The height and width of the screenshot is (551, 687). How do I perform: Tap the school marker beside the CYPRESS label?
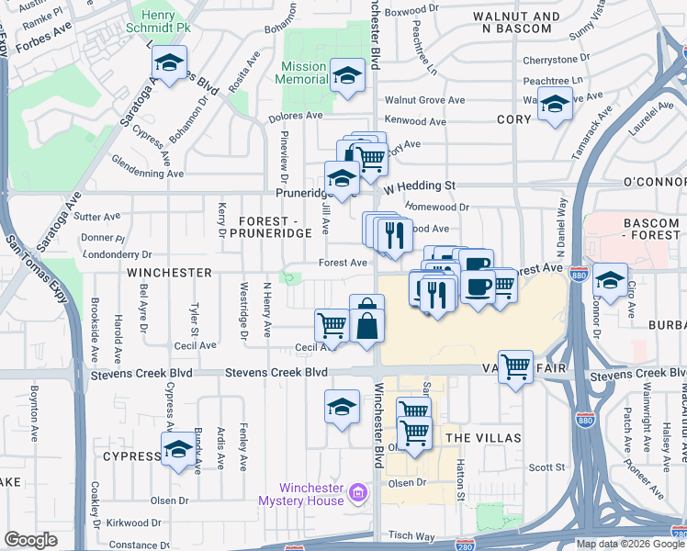[x=178, y=450]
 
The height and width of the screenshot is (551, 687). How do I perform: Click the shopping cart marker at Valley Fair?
[x=515, y=367]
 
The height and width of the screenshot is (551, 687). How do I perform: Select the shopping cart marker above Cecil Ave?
[x=332, y=325]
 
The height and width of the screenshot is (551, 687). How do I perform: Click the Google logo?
[x=30, y=540]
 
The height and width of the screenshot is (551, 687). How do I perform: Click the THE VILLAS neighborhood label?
[x=483, y=438]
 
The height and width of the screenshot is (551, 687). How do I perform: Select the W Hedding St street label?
[x=420, y=186]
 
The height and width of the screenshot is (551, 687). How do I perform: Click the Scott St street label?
[x=547, y=467]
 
